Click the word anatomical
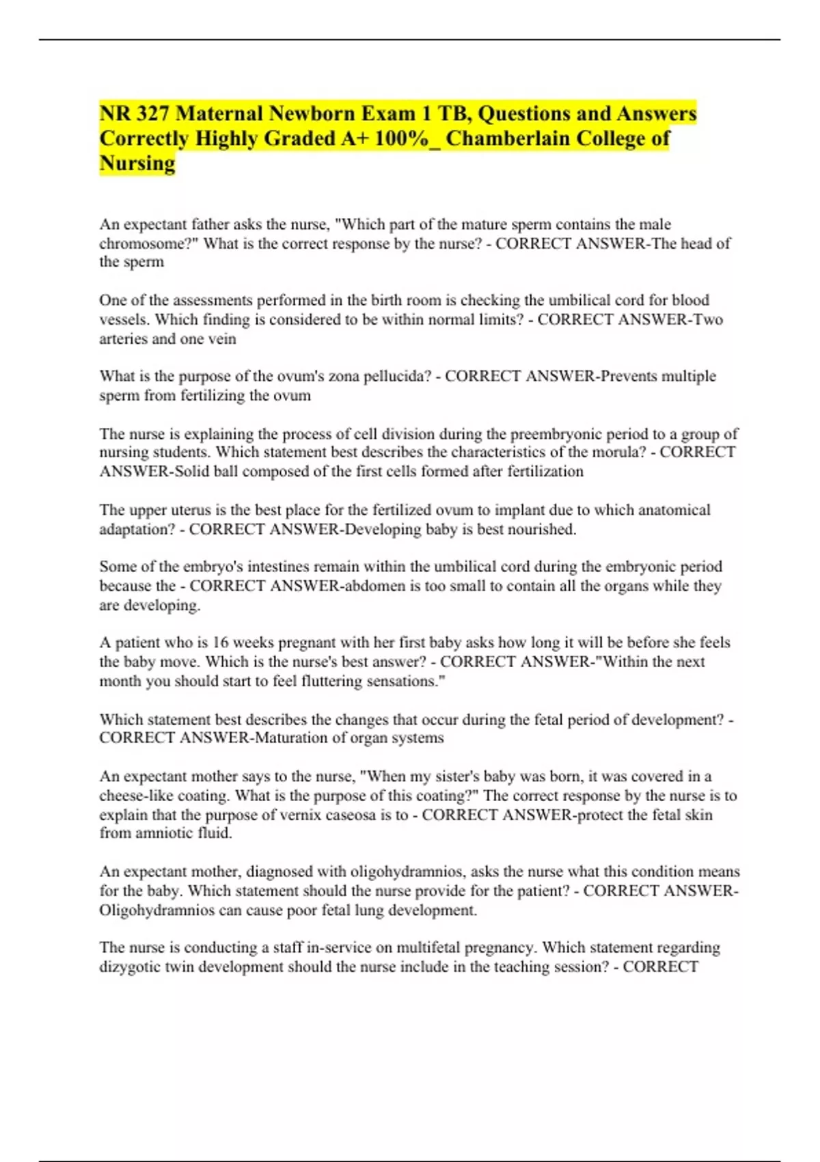[x=674, y=510]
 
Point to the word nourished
[x=542, y=529]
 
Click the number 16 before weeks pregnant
[x=220, y=643]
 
